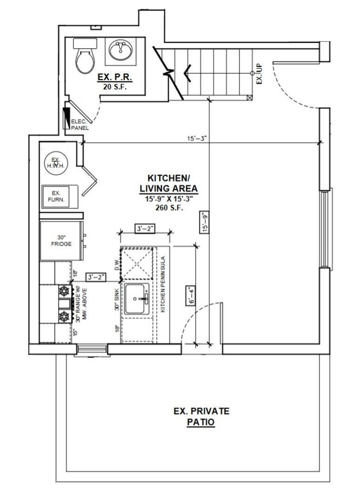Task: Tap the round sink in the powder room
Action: point(121,50)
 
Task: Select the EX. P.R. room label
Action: point(115,78)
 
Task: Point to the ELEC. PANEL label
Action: point(80,125)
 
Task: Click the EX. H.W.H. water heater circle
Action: point(56,164)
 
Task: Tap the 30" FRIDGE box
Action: point(61,241)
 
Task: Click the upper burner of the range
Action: point(64,291)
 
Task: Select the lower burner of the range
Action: point(64,317)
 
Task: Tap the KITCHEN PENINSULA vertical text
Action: point(163,284)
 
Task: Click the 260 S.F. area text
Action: point(169,208)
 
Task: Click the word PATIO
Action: point(201,422)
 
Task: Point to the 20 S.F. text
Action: point(115,86)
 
